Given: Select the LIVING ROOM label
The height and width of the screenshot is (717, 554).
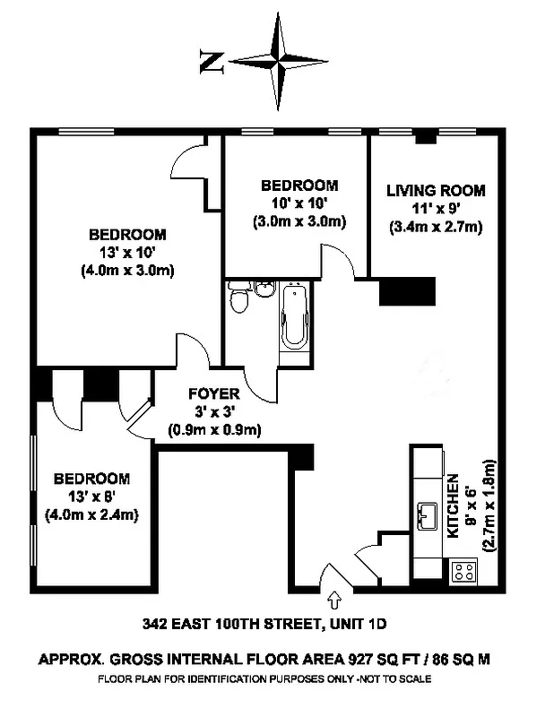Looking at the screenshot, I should [436, 190].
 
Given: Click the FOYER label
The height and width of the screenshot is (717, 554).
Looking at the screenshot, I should [213, 393].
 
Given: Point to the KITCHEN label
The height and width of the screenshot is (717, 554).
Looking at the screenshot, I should [454, 505].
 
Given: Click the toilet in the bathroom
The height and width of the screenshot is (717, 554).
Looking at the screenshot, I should [238, 300].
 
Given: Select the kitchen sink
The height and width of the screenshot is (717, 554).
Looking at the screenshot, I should [427, 515].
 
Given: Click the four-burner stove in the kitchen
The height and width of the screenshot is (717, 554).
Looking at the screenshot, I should [463, 571].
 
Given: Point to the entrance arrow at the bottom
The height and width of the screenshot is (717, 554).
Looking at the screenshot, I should [334, 596].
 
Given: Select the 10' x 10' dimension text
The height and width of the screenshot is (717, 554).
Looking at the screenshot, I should [299, 203].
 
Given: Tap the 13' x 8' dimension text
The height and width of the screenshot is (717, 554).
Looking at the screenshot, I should [90, 497].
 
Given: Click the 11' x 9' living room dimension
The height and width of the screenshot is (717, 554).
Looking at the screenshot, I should [436, 209].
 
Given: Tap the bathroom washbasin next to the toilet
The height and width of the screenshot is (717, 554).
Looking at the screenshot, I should [263, 289].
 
